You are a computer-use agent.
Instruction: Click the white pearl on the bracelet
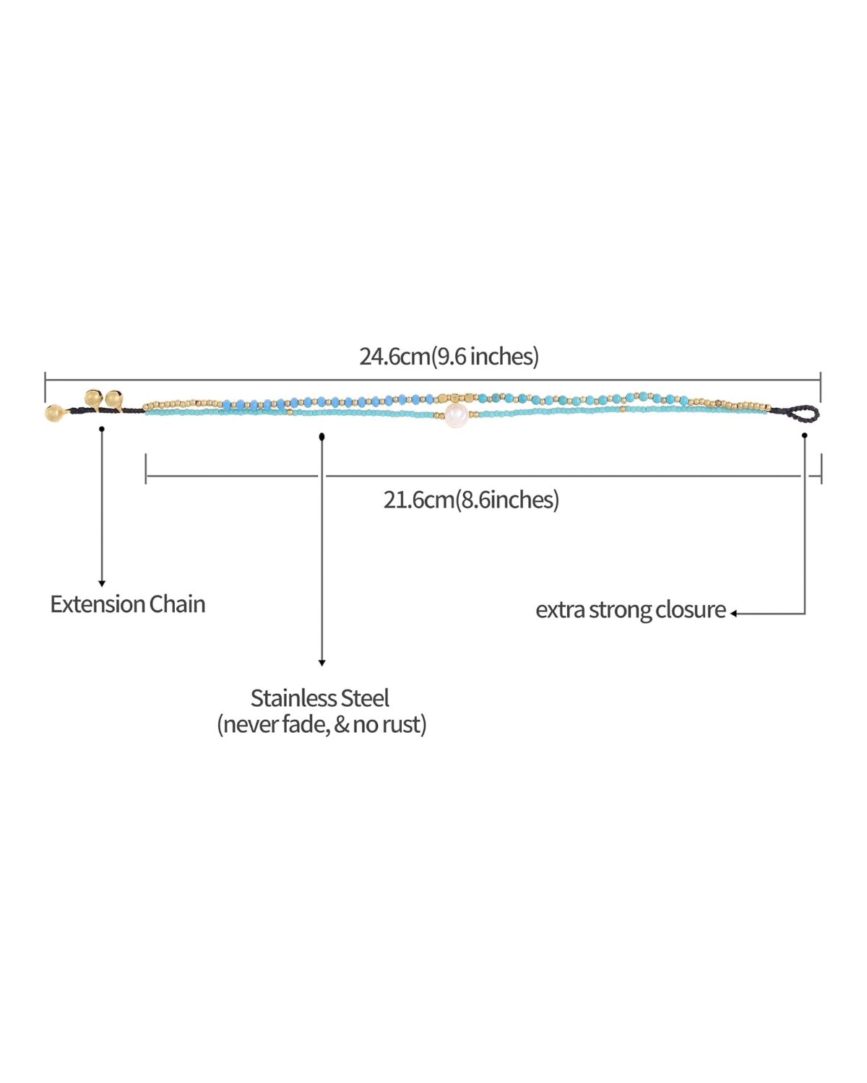click(x=455, y=415)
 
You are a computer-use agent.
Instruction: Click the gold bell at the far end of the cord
click(x=54, y=413)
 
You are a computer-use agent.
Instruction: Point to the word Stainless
click(x=293, y=698)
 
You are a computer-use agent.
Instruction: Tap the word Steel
click(x=365, y=698)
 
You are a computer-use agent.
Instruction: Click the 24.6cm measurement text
click(x=394, y=356)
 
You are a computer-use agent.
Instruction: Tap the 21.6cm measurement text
click(x=418, y=500)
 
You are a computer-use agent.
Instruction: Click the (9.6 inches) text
click(x=485, y=356)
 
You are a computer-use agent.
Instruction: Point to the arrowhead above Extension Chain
click(x=102, y=584)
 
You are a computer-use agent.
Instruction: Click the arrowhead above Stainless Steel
click(x=322, y=664)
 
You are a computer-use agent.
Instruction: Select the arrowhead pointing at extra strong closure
click(x=734, y=613)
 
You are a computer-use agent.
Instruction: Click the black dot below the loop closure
click(x=805, y=435)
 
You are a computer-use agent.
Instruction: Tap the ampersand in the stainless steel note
click(x=341, y=725)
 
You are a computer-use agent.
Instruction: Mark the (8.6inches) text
click(x=507, y=500)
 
